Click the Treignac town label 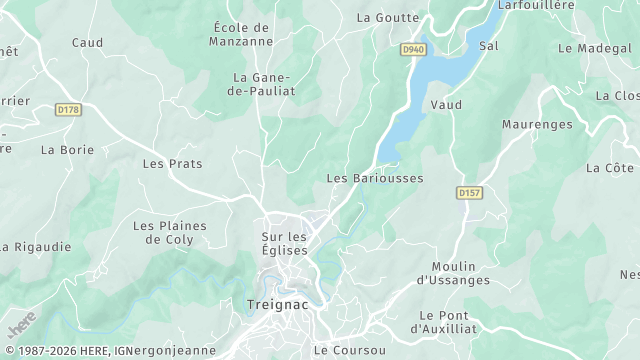coord(276,303)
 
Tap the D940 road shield coord(413,48)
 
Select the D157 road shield coord(469,192)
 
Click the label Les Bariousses coord(375,178)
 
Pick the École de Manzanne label coord(242,35)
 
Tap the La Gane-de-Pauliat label coord(261,84)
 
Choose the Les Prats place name coord(166,163)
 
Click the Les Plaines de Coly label coord(169,232)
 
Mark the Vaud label coord(445,104)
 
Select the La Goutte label coord(386,17)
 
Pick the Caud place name coord(87,42)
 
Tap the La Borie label coord(67,150)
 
